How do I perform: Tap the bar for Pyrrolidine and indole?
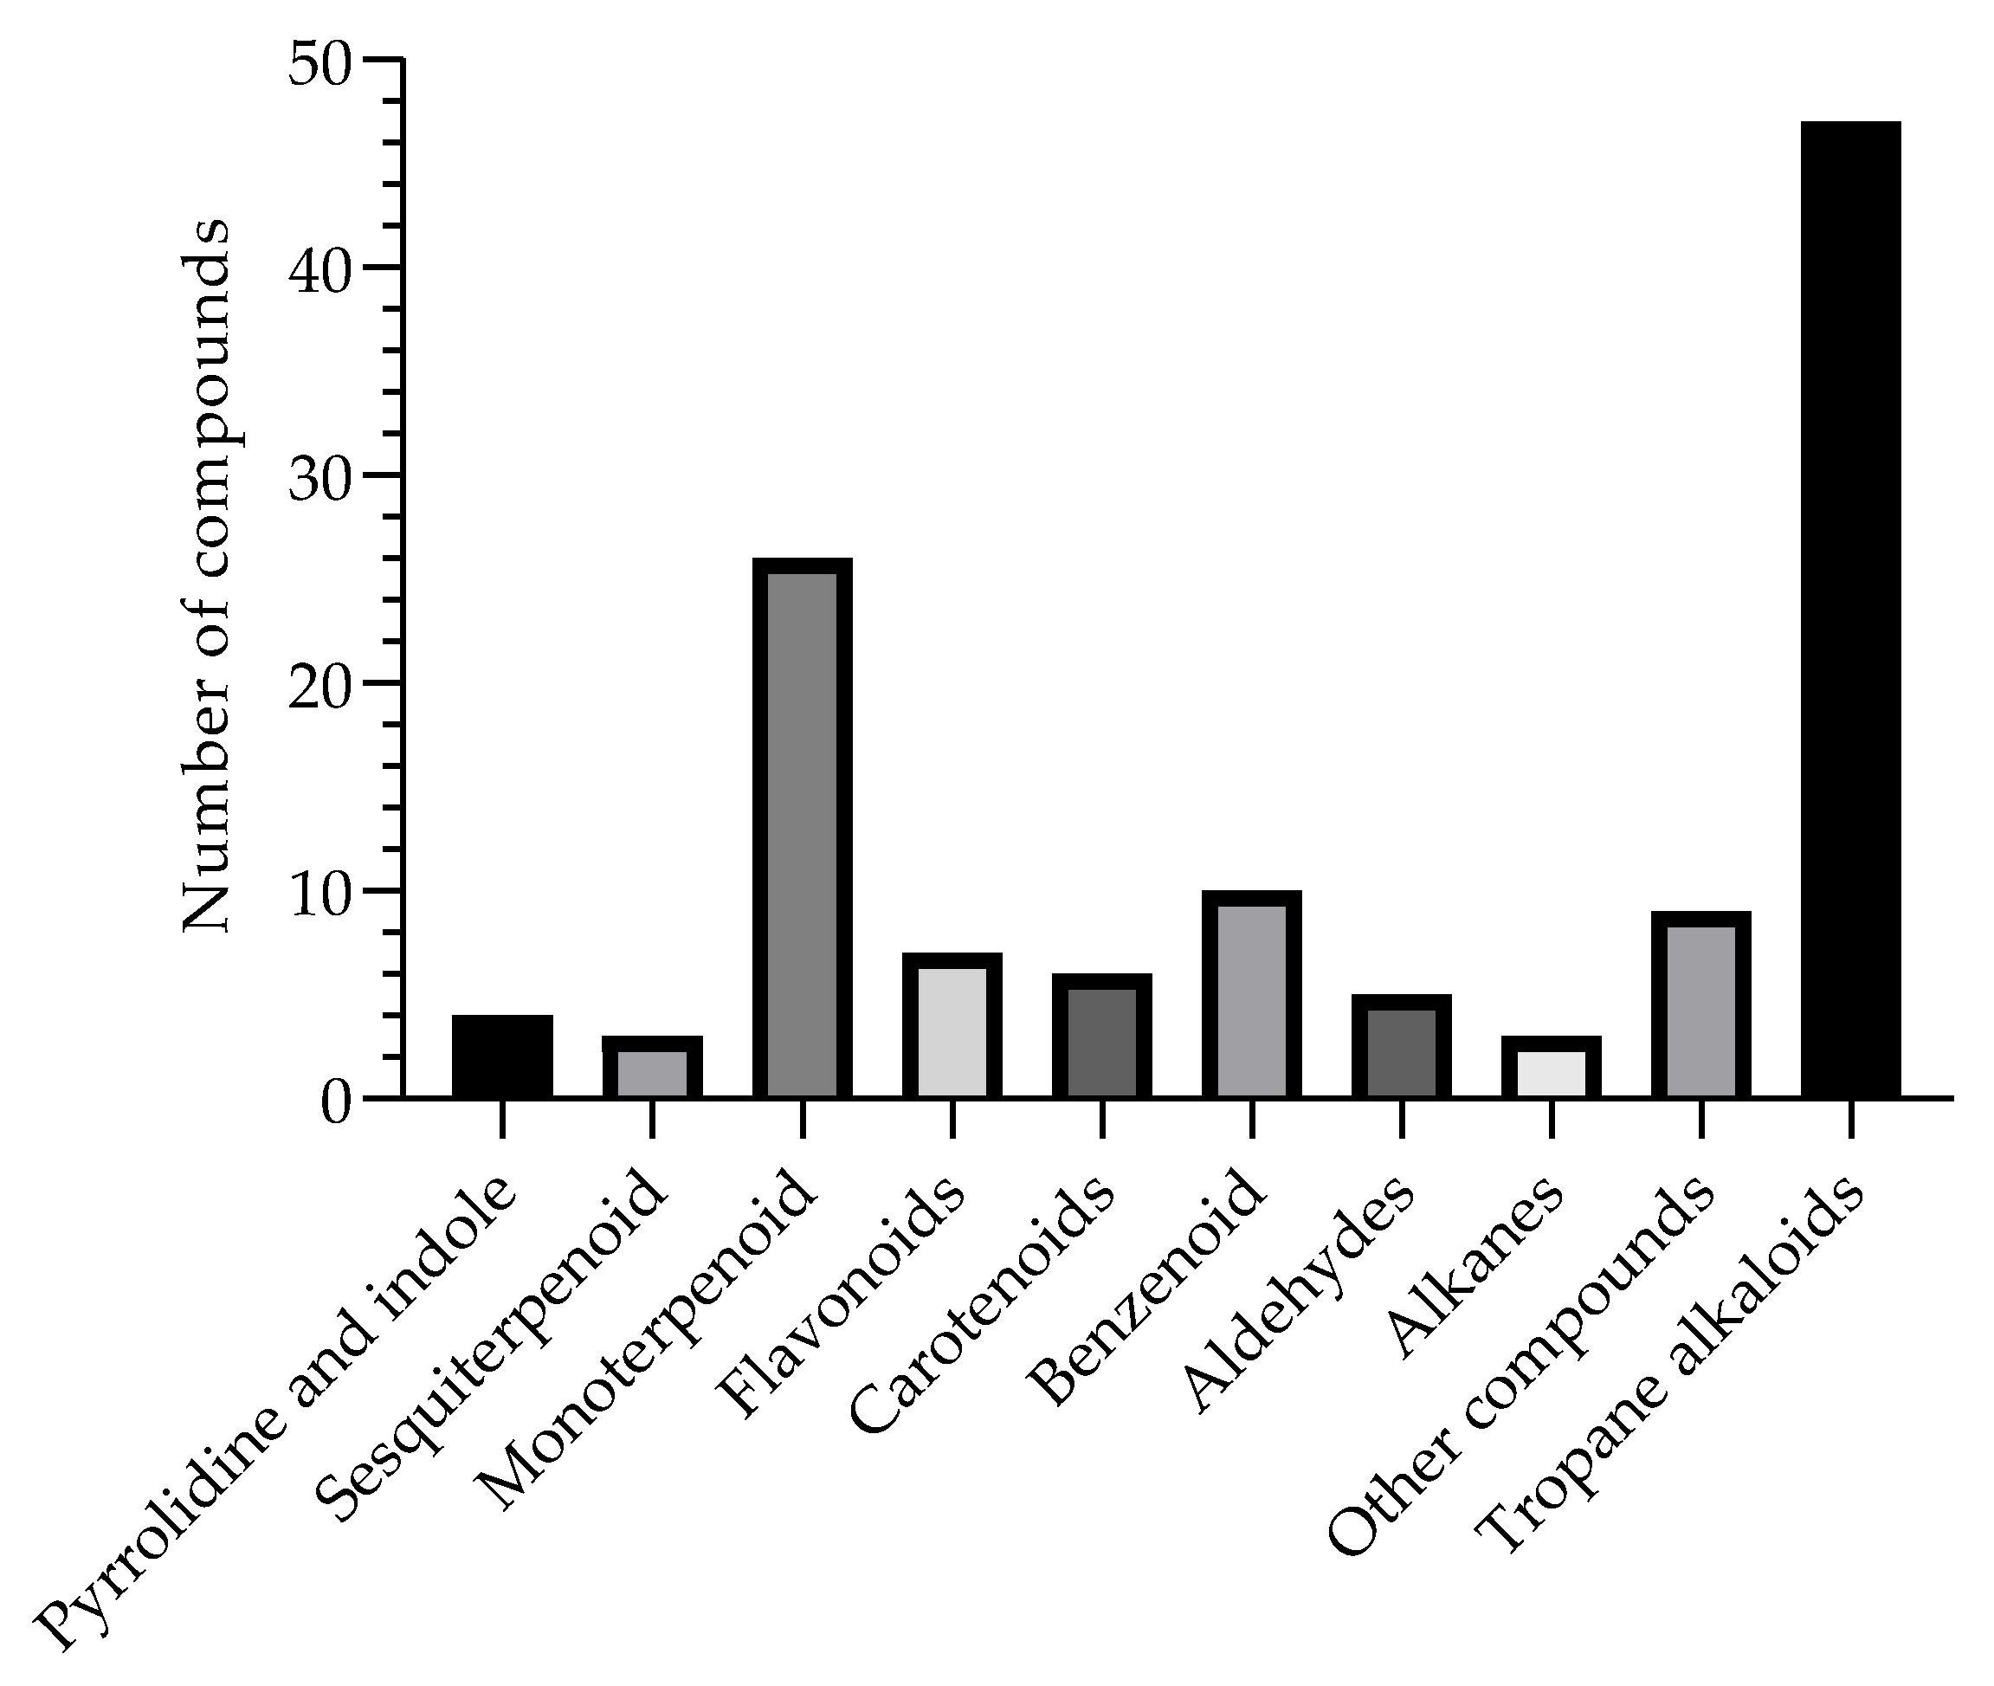pyautogui.click(x=502, y=1056)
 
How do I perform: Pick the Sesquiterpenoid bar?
pyautogui.click(x=653, y=1068)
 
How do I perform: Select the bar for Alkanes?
pyautogui.click(x=1552, y=1068)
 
